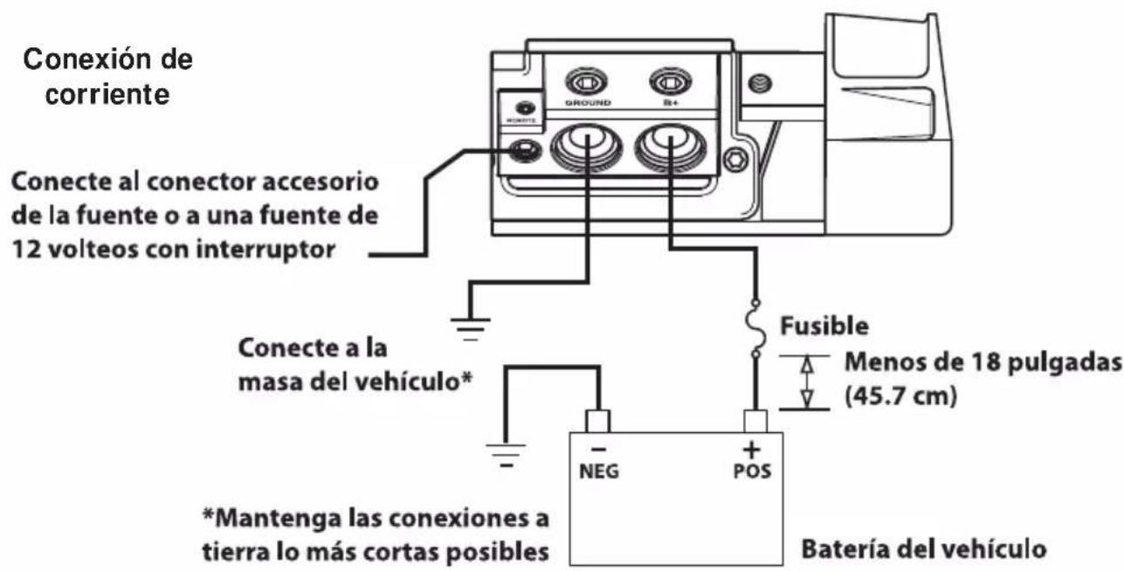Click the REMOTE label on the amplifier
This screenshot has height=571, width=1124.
[x=524, y=122]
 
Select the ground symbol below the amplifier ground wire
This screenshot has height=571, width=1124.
[x=471, y=328]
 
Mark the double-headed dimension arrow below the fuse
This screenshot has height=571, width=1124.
[x=807, y=382]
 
